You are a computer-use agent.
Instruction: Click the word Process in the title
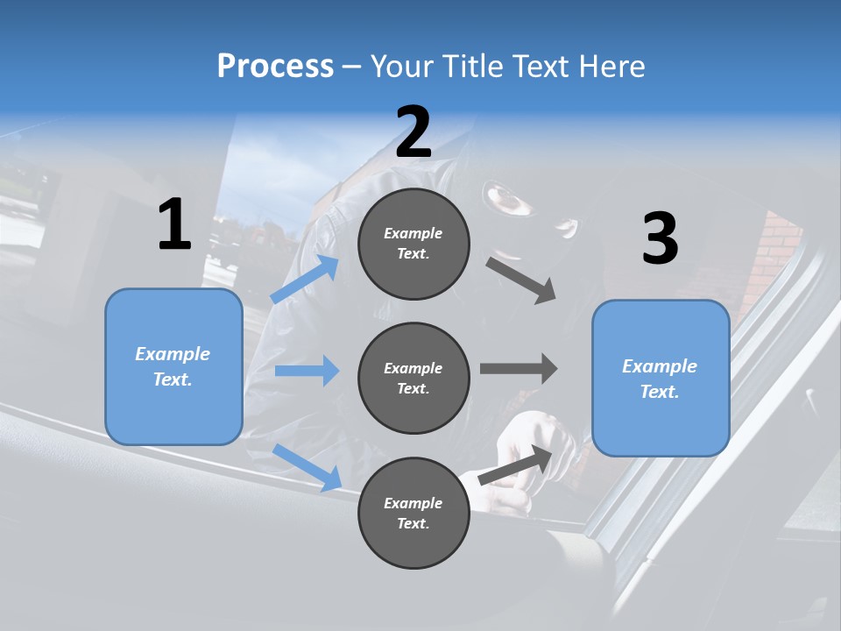pos(275,67)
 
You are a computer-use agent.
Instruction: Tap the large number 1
pos(174,225)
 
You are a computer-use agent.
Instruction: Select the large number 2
pos(413,132)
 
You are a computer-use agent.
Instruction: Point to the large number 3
pos(660,238)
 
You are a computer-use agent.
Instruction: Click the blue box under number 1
pos(173,366)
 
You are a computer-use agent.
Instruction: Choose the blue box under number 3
pos(661,378)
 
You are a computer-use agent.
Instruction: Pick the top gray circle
pos(413,244)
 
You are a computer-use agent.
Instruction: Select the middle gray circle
pos(413,378)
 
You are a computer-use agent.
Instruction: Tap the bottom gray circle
pos(413,513)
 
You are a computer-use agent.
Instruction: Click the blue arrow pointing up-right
pos(305,280)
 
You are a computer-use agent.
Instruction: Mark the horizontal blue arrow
pos(307,371)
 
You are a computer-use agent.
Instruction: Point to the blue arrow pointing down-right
pos(307,467)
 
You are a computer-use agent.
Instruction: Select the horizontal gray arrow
pos(519,368)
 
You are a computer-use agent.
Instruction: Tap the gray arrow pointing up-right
pos(517,464)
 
